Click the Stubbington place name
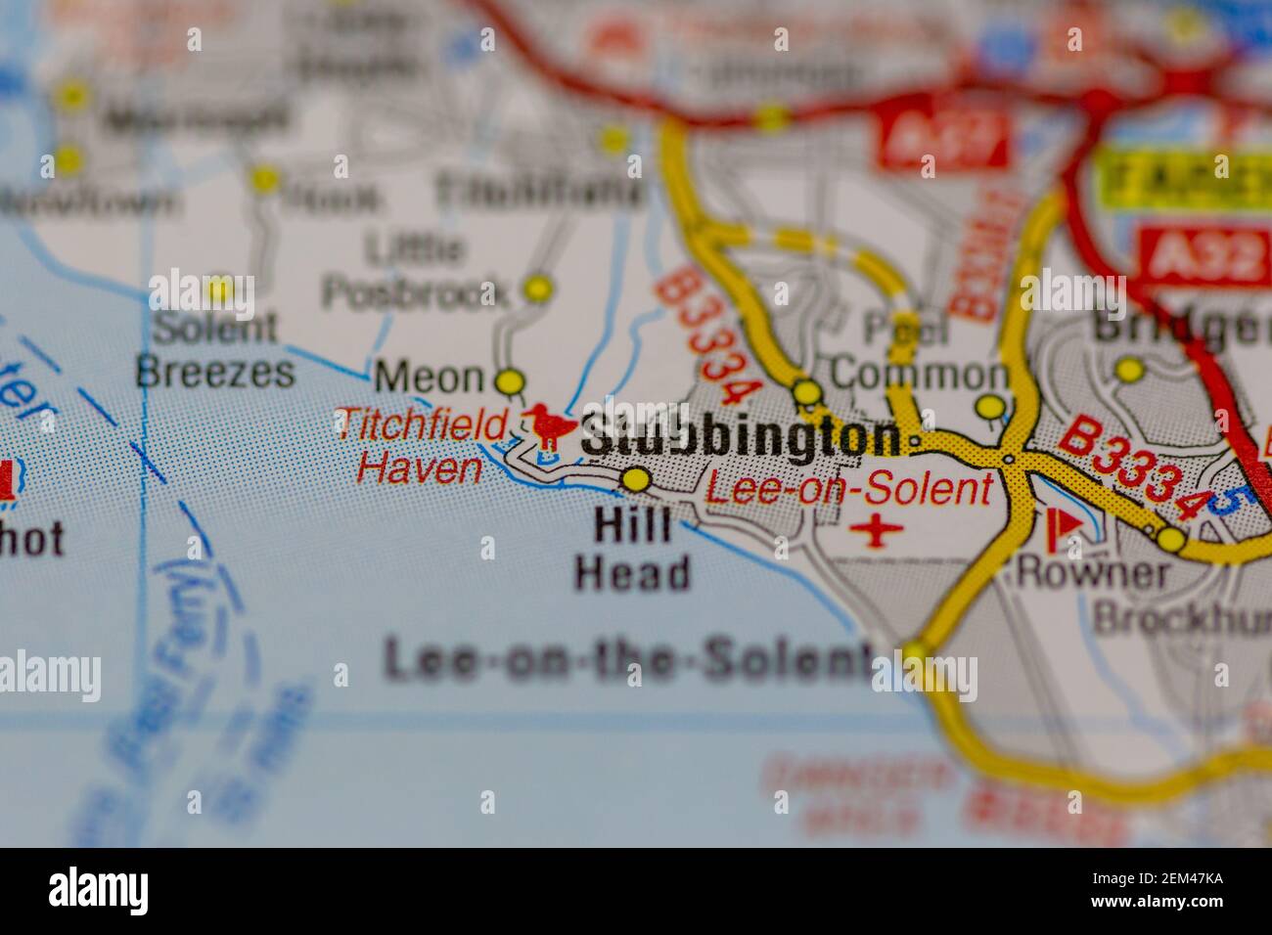(741, 437)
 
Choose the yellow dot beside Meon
(510, 379)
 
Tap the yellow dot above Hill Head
(636, 480)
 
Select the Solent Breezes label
(215, 349)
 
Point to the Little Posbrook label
(415, 271)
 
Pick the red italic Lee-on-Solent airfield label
(848, 488)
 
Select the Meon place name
(430, 377)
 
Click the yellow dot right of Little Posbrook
(537, 289)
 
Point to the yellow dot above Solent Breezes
(219, 288)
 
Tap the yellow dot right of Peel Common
(991, 406)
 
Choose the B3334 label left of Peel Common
(706, 335)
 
